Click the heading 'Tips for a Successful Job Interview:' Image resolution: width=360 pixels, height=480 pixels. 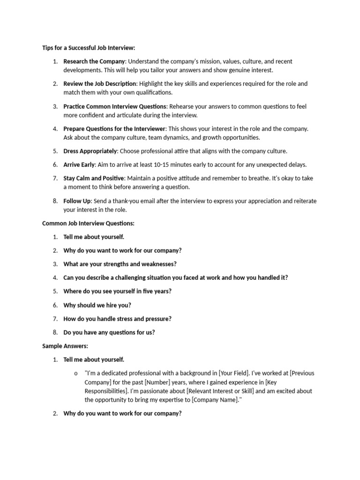[89, 48]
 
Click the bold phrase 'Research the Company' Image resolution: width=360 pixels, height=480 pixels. [94, 61]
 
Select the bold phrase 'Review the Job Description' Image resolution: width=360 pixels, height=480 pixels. [100, 84]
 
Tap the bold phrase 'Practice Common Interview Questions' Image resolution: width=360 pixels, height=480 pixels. [115, 106]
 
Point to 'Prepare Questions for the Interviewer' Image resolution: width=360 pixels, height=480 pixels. [114, 129]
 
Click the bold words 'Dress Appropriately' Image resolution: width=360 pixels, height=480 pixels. [90, 151]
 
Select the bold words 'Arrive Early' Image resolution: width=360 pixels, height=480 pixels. [79, 165]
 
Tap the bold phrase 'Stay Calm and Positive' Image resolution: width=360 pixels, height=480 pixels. [94, 178]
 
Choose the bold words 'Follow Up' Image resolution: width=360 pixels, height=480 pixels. [77, 201]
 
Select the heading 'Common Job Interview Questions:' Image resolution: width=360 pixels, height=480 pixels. [88, 223]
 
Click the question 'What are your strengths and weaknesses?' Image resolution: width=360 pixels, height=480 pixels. [120, 264]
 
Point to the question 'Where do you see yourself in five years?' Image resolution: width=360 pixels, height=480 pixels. [117, 291]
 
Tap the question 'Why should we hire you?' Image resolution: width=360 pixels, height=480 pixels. [97, 305]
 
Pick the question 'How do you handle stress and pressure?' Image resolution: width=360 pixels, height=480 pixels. [117, 319]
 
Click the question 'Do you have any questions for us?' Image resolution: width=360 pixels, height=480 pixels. [109, 332]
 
